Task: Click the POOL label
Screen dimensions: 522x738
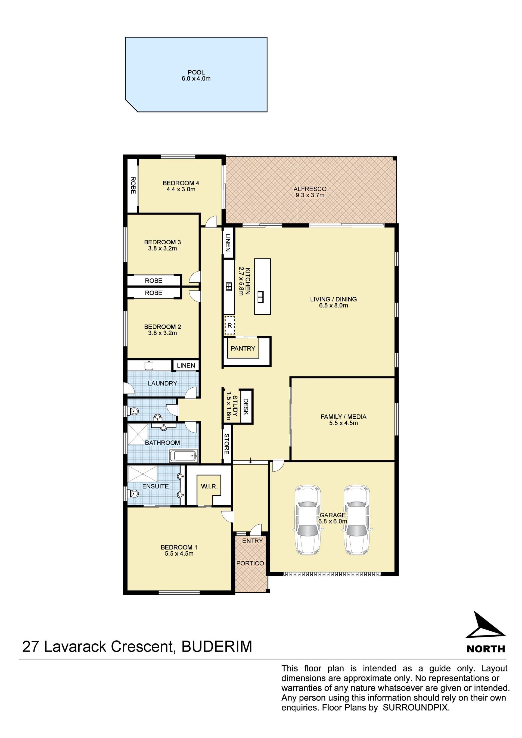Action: coord(196,72)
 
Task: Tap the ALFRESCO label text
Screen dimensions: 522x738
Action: coord(310,189)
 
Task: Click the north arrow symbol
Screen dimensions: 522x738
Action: coord(485,625)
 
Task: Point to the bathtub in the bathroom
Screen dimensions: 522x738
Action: coord(183,456)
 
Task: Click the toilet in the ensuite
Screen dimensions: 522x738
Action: coord(133,493)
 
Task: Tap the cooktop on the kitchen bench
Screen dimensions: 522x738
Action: coord(229,287)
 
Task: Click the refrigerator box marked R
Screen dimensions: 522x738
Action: coord(229,326)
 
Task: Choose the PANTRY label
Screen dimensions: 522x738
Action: coord(243,348)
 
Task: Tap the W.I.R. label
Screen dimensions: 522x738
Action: coord(209,486)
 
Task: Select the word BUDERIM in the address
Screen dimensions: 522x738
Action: coord(217,647)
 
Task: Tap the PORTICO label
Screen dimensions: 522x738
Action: coord(250,563)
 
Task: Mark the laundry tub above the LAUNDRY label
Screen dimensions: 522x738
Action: coord(149,365)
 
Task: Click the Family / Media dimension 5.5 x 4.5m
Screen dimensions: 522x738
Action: coord(343,423)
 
